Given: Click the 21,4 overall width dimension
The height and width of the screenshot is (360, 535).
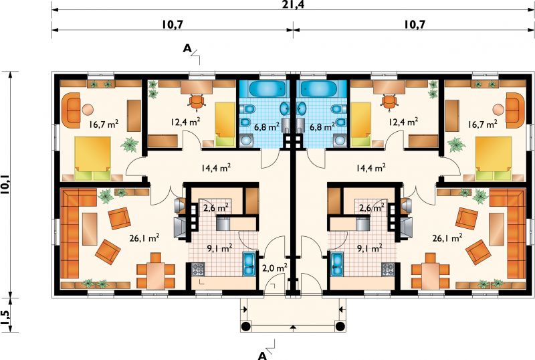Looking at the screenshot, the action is [x=293, y=5].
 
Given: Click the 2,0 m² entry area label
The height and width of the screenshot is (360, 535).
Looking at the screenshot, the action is [x=275, y=268].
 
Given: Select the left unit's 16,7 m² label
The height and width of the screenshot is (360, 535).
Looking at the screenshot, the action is [x=104, y=124].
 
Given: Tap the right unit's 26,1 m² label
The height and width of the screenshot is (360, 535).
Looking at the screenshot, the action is [x=447, y=238].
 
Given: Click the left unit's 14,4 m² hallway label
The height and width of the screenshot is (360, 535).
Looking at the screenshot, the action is [x=215, y=168].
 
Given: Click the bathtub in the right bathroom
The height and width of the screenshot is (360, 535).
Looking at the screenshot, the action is [x=319, y=89].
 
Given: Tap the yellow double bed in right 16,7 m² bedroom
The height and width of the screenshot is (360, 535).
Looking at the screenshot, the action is [x=494, y=159].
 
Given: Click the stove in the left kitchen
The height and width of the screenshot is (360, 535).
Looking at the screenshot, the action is [x=198, y=269].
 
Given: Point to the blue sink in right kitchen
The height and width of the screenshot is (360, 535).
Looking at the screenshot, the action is [x=338, y=264].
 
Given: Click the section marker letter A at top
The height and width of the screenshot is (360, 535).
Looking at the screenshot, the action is [x=187, y=48].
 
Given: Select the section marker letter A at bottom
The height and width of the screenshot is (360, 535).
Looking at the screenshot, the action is [x=262, y=355].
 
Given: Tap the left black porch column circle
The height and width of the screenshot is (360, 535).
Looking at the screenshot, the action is [x=245, y=327].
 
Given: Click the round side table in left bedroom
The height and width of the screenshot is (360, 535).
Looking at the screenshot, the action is [x=88, y=110].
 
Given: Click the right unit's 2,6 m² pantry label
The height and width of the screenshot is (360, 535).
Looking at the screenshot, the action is [x=372, y=207].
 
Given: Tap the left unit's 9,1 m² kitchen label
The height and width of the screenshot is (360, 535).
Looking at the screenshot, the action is [x=220, y=248].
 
